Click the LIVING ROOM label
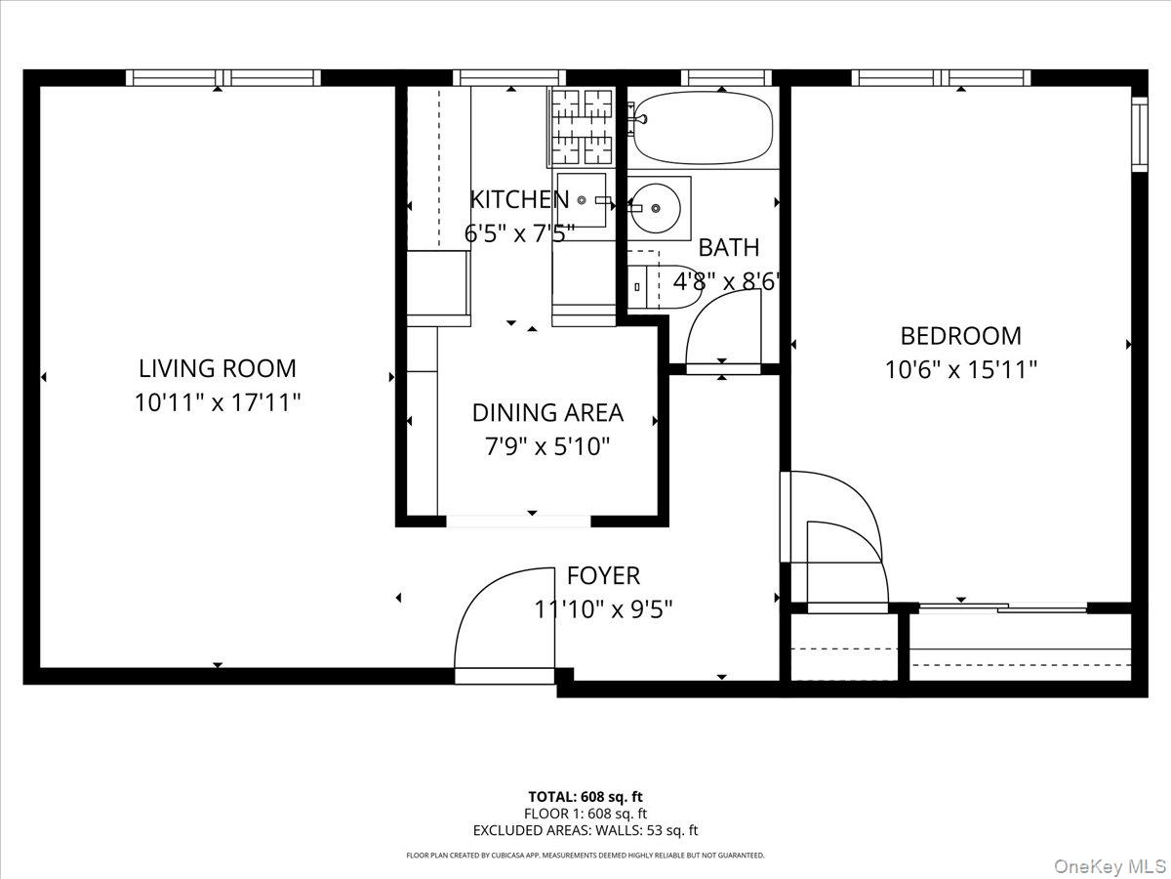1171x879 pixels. (217, 368)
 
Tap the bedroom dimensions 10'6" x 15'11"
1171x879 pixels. (960, 370)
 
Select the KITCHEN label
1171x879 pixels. (518, 199)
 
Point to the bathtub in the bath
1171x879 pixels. (702, 128)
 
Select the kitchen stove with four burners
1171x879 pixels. (581, 126)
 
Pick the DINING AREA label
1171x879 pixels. (546, 413)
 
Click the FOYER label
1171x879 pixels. (603, 576)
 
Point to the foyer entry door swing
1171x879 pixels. (503, 620)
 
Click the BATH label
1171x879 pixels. (728, 248)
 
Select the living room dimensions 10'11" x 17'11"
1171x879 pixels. (217, 402)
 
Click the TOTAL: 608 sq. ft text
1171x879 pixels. (585, 796)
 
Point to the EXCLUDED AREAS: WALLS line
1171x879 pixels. (585, 831)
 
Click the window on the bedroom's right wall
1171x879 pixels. (1139, 132)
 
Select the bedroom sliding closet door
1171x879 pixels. (1003, 607)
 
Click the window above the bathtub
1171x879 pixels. (726, 78)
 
